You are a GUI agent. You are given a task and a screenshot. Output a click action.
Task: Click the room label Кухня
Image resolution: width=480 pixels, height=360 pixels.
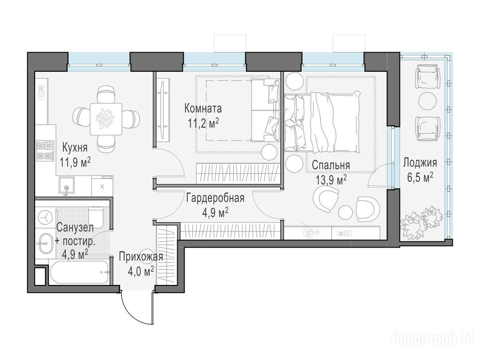coord(75,148)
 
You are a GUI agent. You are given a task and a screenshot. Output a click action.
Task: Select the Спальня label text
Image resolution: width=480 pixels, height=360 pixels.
coord(330,165)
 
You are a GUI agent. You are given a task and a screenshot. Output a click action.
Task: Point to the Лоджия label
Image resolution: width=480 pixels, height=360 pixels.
coord(420,163)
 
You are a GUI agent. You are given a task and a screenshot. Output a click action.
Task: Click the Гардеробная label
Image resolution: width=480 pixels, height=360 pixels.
coord(215,198)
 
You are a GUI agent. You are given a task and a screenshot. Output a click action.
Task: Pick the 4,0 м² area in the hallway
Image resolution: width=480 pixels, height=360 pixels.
coord(141,271)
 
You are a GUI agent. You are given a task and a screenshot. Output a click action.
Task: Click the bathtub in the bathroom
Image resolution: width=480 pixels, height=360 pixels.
coord(79,272)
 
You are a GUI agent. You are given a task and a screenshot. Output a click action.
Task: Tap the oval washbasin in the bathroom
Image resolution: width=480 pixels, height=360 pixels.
coord(46,244)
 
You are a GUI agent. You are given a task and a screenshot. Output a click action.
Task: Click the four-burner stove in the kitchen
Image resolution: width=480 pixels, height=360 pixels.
coord(45,150)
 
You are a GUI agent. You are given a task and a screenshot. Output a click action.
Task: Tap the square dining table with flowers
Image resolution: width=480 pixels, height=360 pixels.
coord(106,119)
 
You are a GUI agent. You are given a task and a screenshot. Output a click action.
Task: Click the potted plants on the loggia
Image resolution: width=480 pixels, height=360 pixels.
coord(421,221)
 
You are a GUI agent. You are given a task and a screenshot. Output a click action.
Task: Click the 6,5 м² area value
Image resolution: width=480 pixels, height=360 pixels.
coord(420,178)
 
